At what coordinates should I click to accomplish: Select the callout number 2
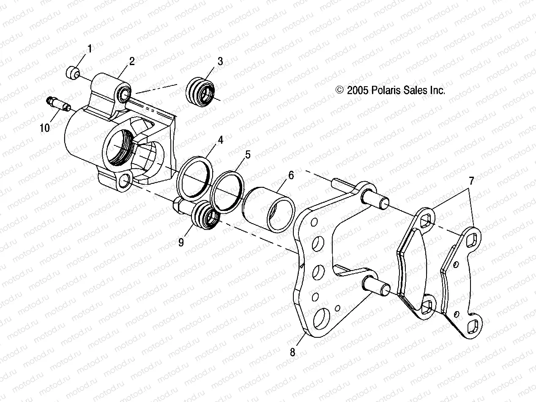tap(132, 61)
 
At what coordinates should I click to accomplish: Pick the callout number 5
tap(248, 155)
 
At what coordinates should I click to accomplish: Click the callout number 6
tap(291, 175)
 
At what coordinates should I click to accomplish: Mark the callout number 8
tap(293, 352)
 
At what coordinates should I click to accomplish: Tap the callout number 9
tap(182, 242)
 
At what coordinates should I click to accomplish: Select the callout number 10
tap(45, 127)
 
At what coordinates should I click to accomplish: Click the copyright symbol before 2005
tap(339, 90)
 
